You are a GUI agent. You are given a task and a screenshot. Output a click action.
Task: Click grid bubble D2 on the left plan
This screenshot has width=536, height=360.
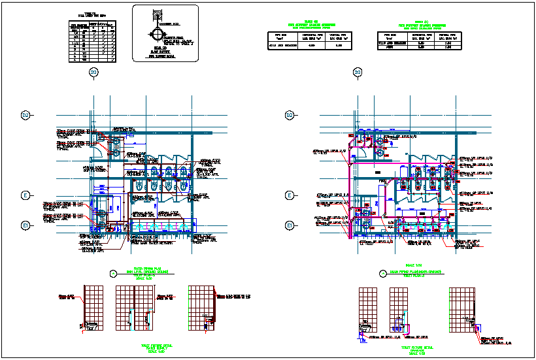pyautogui.click(x=26, y=116)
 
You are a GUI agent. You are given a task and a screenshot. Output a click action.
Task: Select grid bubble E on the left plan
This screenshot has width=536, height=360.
pyautogui.click(x=26, y=195)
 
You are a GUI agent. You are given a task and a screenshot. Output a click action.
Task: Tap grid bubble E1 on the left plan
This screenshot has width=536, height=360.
pyautogui.click(x=26, y=225)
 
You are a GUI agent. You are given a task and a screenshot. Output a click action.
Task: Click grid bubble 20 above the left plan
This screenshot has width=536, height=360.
pyautogui.click(x=93, y=72)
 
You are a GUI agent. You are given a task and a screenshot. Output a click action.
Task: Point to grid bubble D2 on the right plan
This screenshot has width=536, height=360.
pyautogui.click(x=290, y=116)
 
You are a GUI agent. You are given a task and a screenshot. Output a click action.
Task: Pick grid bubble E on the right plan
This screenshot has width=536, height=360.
pyautogui.click(x=290, y=195)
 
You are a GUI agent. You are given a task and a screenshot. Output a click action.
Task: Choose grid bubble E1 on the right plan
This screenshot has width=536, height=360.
pyautogui.click(x=290, y=225)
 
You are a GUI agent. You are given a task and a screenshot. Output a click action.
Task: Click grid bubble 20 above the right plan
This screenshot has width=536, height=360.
pyautogui.click(x=357, y=72)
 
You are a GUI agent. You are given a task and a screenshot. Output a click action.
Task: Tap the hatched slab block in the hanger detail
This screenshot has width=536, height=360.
pyautogui.click(x=158, y=12)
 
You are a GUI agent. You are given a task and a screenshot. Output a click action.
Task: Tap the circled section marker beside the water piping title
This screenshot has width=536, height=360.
pyautogui.click(x=113, y=273)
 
